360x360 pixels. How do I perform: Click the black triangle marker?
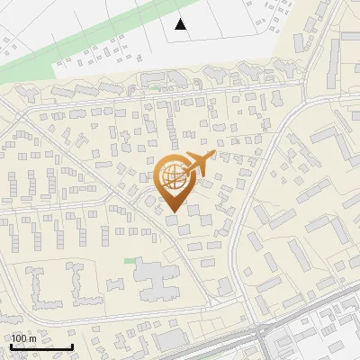point(181,24)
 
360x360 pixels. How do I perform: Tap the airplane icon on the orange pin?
point(199,162)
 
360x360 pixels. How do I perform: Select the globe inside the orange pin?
point(172,177)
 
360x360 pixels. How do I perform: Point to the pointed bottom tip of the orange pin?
point(172,212)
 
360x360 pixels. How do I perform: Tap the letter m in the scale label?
point(33,338)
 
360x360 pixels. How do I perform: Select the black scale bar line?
point(41,346)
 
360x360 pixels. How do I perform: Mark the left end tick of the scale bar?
point(11,345)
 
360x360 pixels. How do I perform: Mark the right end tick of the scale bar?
point(72,345)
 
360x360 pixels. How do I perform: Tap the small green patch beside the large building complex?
point(129,261)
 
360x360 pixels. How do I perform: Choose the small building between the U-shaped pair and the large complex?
point(114,283)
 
